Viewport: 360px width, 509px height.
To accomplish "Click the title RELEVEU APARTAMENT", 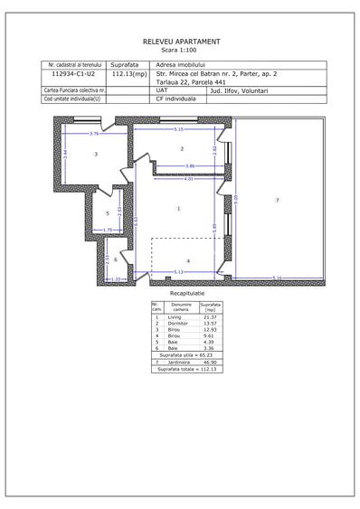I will (x=181, y=42).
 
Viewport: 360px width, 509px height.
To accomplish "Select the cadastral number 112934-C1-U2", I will (x=74, y=74).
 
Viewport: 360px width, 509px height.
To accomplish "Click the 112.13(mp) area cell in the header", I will (x=128, y=74).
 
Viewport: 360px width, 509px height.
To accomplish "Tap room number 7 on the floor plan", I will (x=277, y=199).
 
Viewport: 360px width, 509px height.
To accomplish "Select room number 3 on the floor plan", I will (x=95, y=155).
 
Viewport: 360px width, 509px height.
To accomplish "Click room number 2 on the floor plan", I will (x=181, y=148).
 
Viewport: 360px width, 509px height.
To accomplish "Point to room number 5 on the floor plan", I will (x=108, y=213).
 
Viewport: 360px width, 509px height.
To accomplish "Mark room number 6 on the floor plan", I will (x=115, y=259).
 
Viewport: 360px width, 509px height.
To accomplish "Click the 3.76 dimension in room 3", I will (x=93, y=134).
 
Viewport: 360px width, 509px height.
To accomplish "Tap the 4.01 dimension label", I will (x=188, y=179).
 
